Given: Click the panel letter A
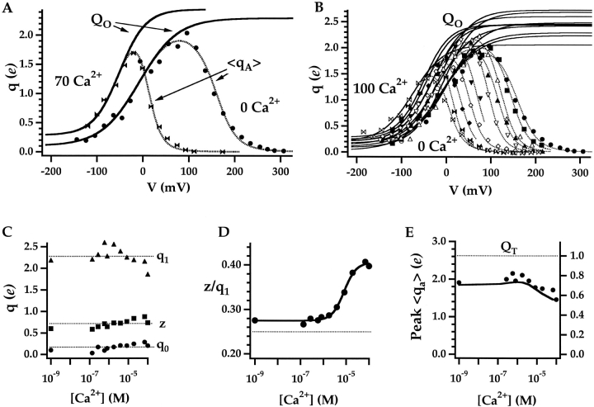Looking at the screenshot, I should [7, 7].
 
